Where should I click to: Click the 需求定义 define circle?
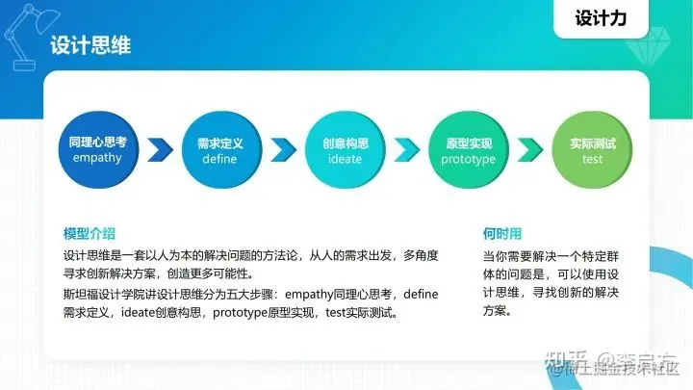(219, 149)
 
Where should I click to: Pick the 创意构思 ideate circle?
(345, 149)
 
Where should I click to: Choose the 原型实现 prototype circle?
(469, 149)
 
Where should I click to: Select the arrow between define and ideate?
(282, 150)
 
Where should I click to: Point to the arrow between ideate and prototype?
(407, 150)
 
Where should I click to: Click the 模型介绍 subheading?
(89, 233)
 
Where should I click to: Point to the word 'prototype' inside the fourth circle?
(469, 159)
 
